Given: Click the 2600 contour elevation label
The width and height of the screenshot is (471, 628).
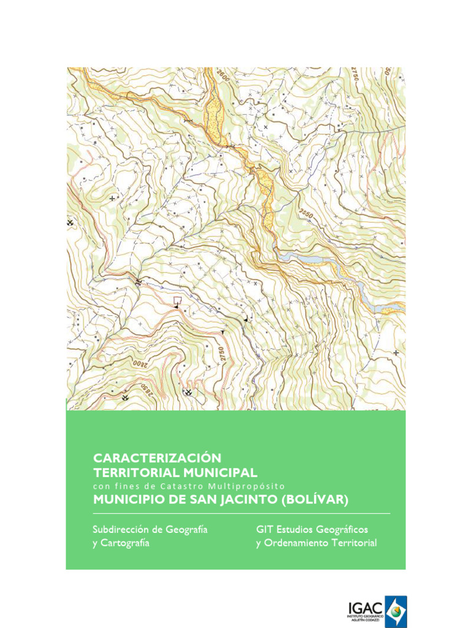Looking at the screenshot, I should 223,78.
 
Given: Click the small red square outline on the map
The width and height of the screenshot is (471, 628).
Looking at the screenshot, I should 178,300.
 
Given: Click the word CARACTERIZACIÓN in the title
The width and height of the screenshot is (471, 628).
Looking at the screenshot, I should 156,458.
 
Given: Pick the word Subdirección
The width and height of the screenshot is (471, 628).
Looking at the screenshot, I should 121,529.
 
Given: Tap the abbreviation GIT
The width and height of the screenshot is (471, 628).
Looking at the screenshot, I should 264,529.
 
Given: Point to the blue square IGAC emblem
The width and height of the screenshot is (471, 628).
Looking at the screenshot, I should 396,611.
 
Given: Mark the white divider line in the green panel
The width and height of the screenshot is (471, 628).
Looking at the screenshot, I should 241,513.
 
